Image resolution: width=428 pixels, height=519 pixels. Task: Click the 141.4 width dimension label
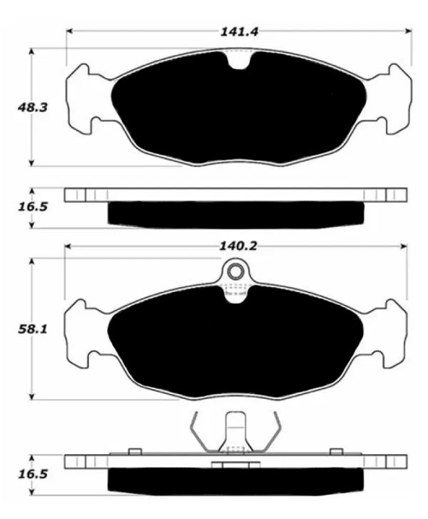[239, 32]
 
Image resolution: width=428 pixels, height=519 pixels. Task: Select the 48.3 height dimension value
[32, 108]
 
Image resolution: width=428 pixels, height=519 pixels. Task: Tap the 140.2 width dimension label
[238, 246]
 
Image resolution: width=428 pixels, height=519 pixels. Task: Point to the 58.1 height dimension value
[32, 329]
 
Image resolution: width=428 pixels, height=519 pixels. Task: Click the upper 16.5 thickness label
[32, 207]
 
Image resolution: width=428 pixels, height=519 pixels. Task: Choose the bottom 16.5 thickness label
[32, 474]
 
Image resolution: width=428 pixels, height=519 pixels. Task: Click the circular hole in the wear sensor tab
[235, 272]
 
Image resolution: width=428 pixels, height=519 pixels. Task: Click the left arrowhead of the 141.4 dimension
[69, 31]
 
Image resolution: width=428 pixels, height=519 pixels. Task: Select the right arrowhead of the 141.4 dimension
[409, 31]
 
